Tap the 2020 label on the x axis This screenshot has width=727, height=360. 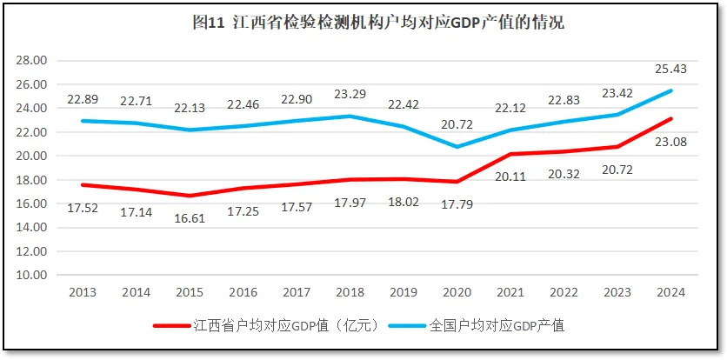click(457, 293)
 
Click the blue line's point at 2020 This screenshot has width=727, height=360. click(457, 147)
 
